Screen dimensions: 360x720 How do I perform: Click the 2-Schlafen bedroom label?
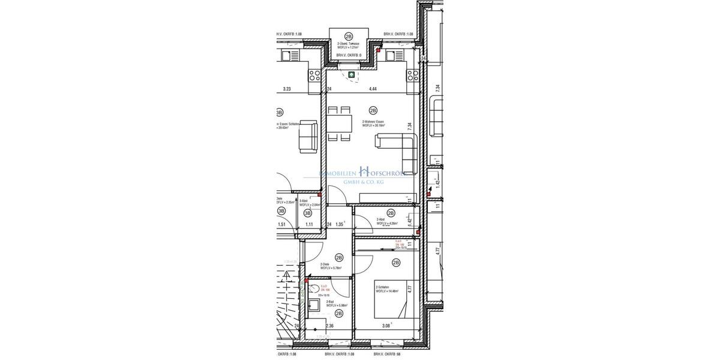(x=387, y=289)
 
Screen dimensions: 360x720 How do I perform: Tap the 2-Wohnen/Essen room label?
(x=373, y=123)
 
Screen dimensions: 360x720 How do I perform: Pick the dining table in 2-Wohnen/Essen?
(x=339, y=124)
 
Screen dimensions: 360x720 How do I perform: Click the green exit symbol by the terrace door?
(x=352, y=75)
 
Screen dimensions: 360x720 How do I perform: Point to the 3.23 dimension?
(x=287, y=89)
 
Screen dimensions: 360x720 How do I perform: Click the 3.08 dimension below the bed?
(x=386, y=326)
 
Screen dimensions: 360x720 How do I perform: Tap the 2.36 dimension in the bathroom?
(x=329, y=326)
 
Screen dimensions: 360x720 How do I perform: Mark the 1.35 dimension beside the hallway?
(x=340, y=224)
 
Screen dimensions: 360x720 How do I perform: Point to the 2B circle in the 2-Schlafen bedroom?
(x=396, y=262)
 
